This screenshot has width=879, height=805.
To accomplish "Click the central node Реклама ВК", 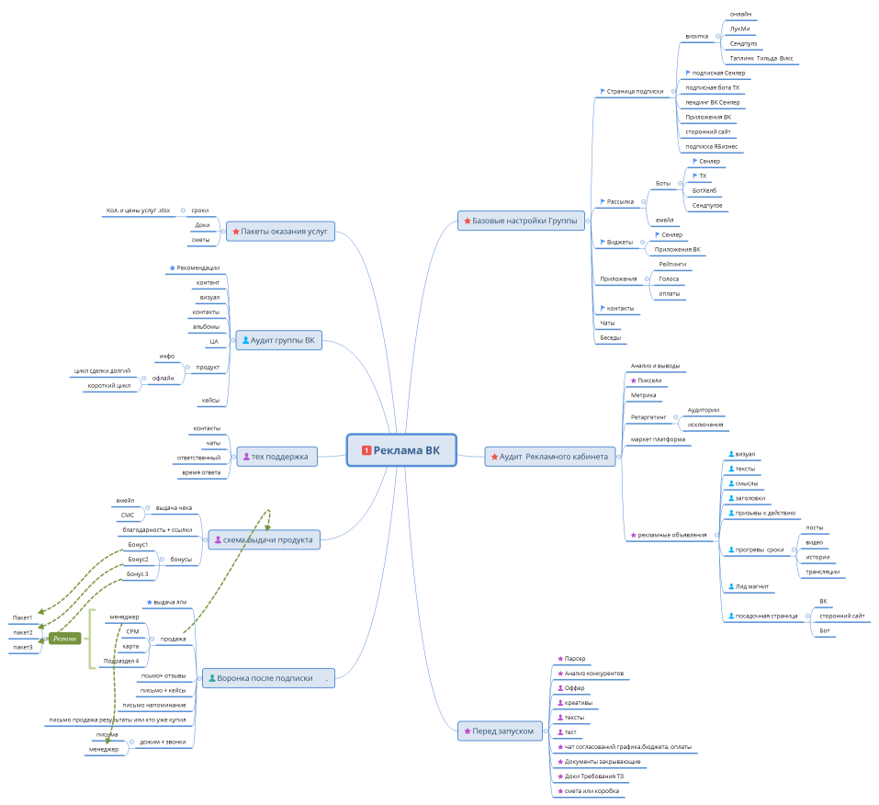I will coord(401,450).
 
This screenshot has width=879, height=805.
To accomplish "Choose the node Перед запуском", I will coord(501,731).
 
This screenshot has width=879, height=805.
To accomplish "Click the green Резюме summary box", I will coord(65,638).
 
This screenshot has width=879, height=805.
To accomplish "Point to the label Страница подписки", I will coord(635,91).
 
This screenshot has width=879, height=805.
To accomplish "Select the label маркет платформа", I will coord(658,439).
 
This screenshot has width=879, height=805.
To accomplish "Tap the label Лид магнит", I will coord(751,585).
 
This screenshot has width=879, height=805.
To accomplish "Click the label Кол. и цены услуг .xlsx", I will coord(138,210).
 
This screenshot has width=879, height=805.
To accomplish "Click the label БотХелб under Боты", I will coord(704,190).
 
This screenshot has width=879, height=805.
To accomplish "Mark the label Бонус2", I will coord(138,559).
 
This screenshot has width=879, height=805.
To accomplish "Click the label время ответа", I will coord(201,471).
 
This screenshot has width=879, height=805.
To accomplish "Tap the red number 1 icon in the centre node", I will coord(367,450).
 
